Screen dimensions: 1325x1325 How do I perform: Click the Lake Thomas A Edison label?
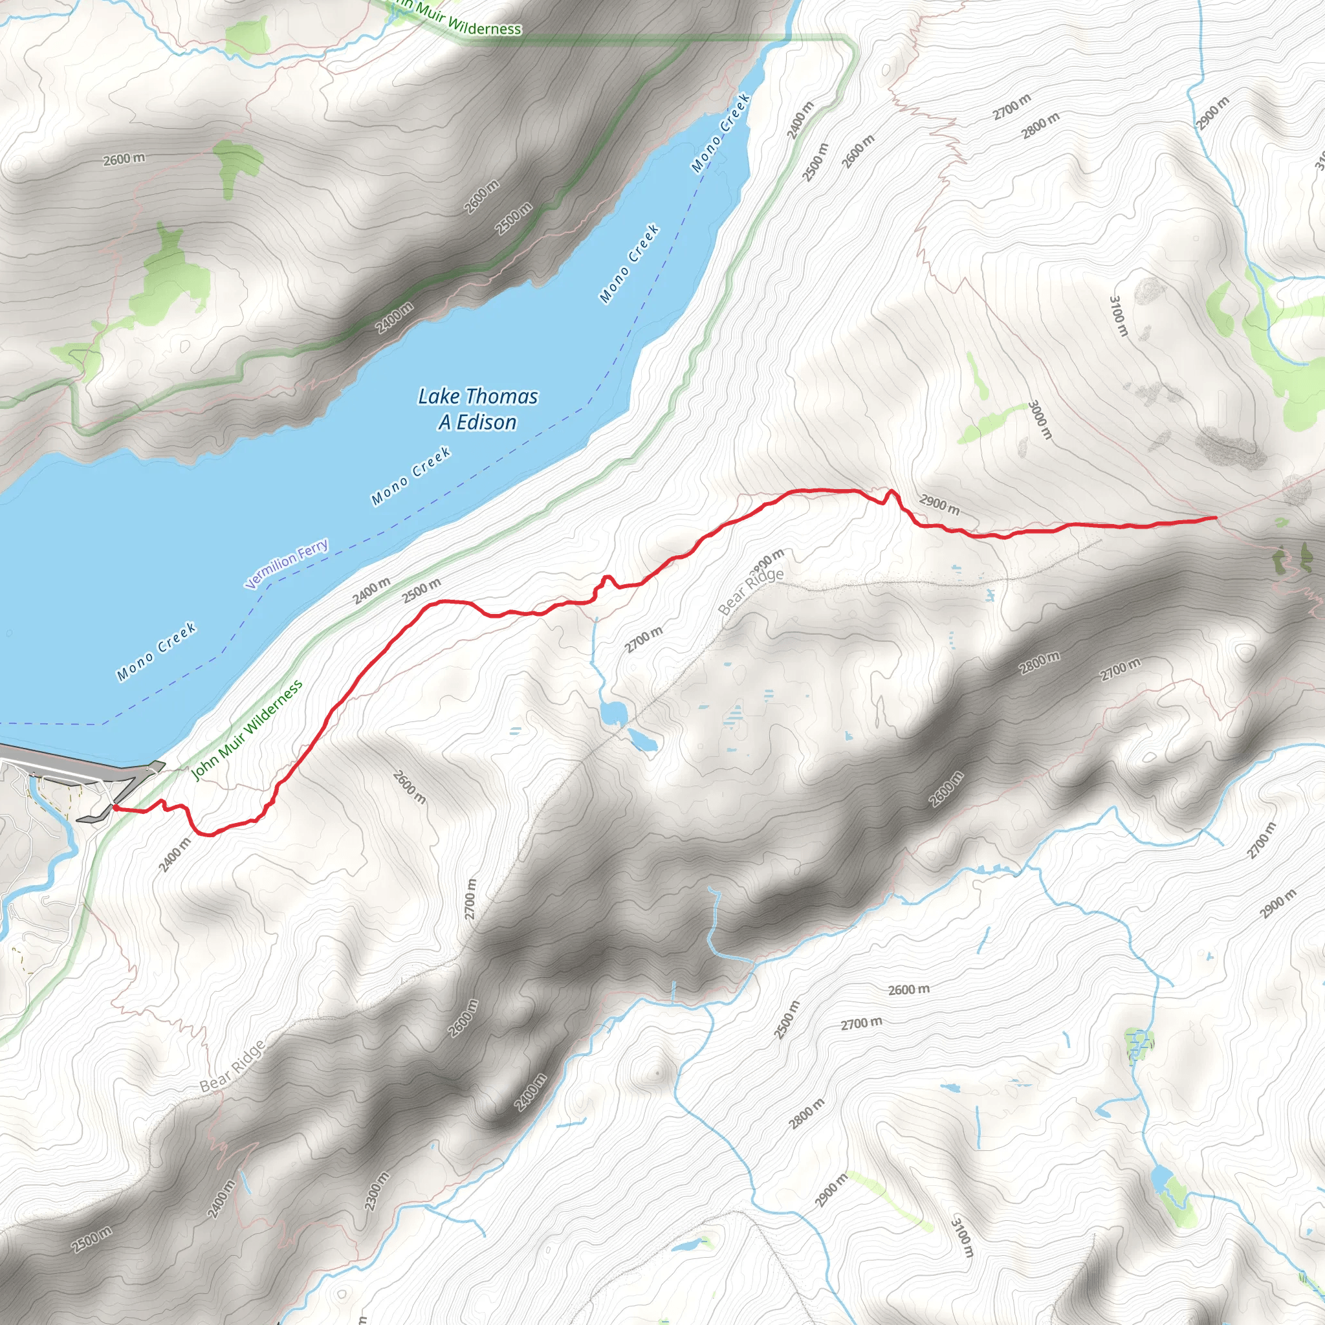(x=478, y=409)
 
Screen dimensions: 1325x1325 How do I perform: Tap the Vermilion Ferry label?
(x=287, y=564)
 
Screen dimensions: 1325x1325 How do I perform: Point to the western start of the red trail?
(x=115, y=809)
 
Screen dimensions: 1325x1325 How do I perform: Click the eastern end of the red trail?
(x=1214, y=518)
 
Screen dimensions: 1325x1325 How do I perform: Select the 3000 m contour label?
(x=1040, y=420)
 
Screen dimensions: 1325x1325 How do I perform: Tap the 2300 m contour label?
(x=377, y=1191)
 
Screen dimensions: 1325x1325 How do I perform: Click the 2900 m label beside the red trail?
(x=939, y=505)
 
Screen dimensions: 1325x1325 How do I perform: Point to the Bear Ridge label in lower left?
(x=232, y=1066)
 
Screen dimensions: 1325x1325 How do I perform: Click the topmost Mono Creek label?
(x=720, y=133)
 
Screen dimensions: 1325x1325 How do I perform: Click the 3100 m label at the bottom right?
(x=961, y=1236)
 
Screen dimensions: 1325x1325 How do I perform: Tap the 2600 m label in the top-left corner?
(x=124, y=159)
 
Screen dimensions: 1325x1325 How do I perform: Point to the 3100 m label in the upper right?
(x=1118, y=316)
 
